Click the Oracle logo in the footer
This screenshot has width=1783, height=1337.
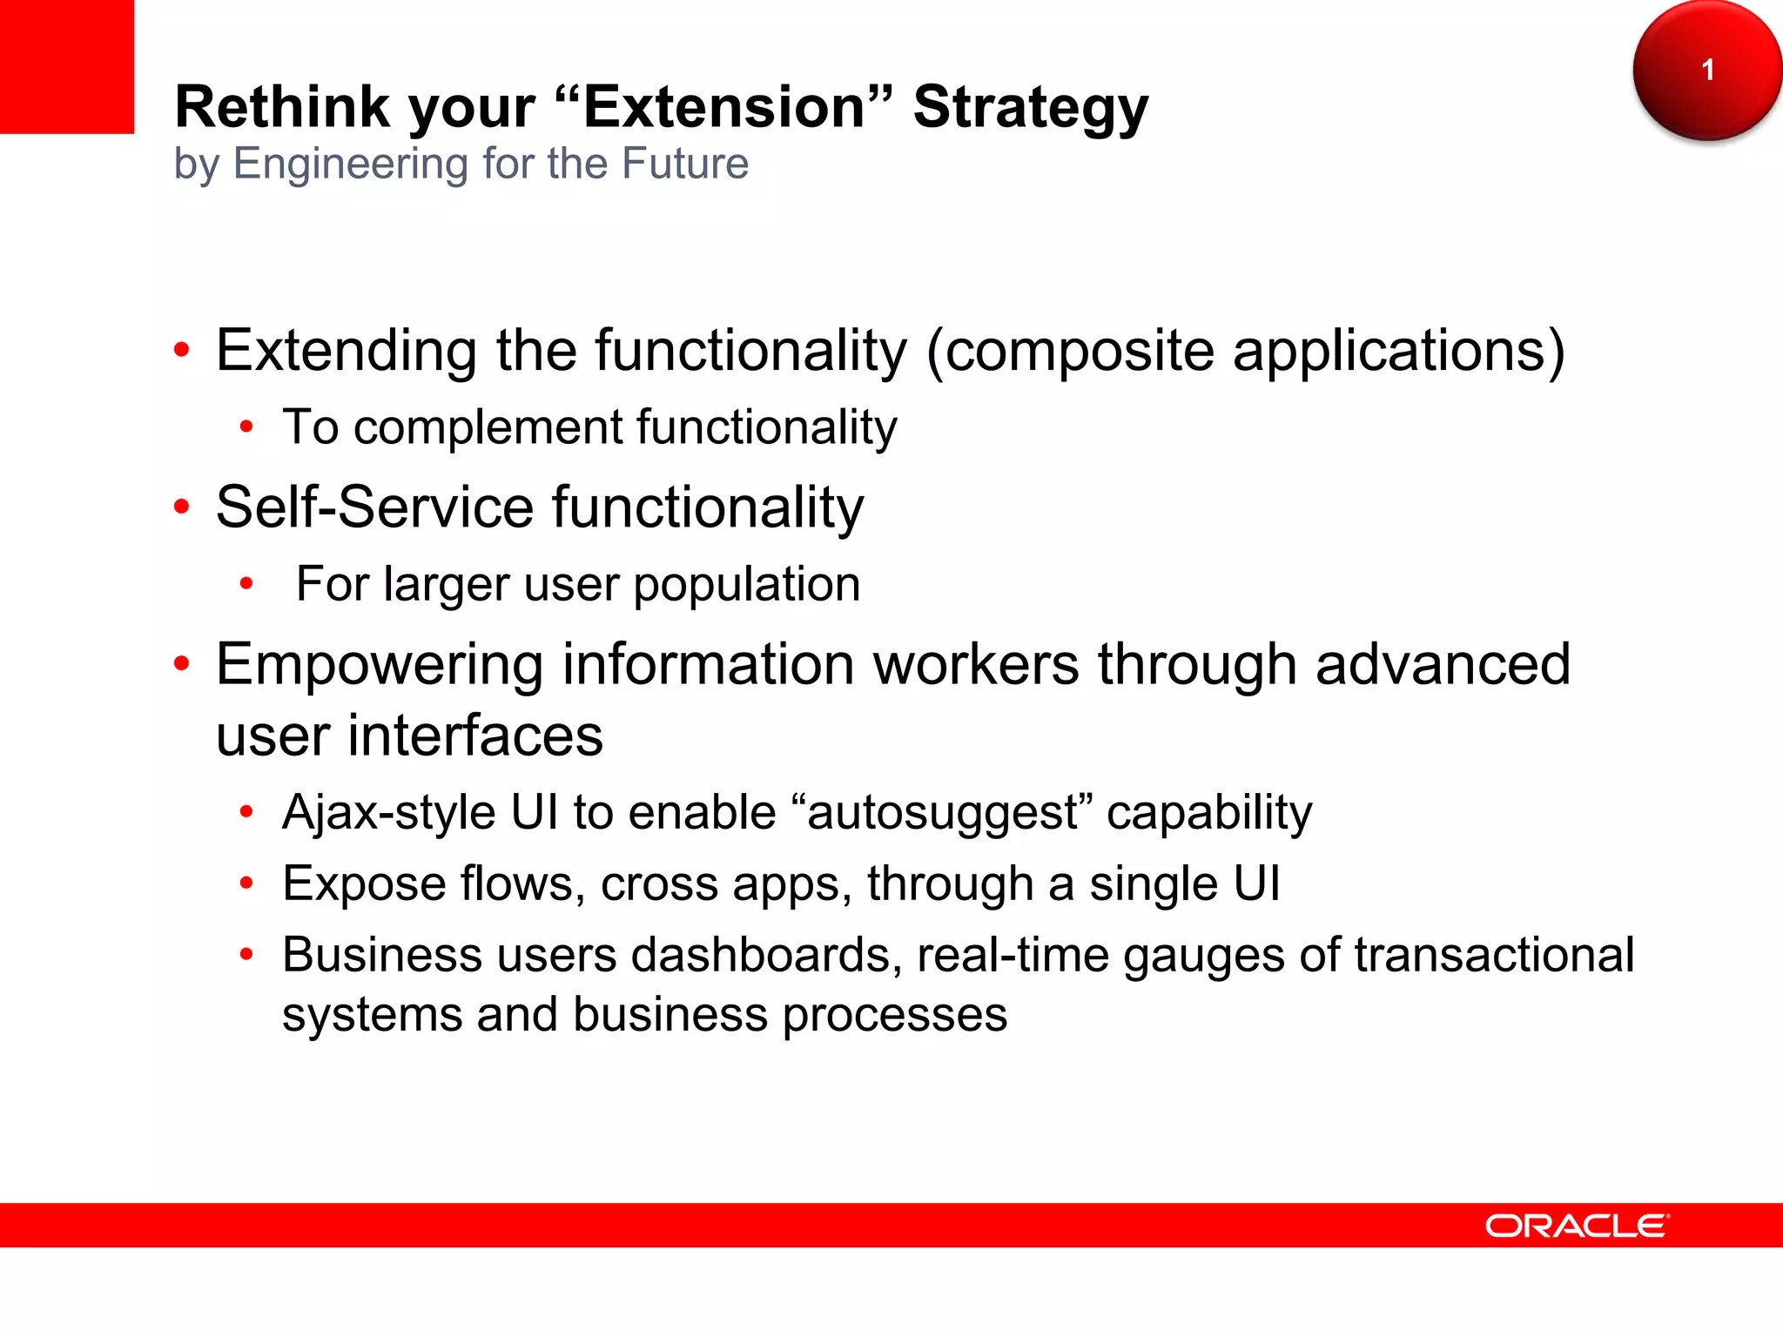[1577, 1226]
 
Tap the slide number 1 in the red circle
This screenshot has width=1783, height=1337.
[1707, 70]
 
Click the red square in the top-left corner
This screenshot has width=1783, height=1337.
[66, 66]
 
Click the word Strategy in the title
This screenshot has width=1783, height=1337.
[1031, 109]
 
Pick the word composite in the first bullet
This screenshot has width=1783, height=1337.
[1079, 352]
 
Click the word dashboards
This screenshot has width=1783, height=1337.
[766, 955]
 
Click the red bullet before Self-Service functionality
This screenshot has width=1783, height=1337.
[181, 507]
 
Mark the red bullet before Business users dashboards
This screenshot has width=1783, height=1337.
[246, 955]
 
